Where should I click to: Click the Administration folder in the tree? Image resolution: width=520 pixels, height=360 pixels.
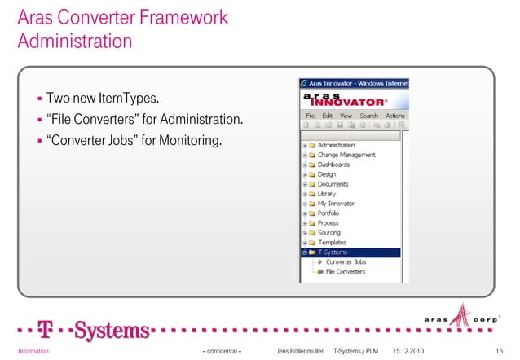[x=336, y=145]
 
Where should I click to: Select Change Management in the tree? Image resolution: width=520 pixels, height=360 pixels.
[x=346, y=155]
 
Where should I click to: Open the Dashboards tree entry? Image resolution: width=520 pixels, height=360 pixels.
[x=333, y=165]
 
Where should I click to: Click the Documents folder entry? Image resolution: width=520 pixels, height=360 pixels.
[x=333, y=184]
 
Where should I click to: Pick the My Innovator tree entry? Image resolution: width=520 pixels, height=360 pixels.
[x=335, y=203]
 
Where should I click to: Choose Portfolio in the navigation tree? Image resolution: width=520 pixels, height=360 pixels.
[x=328, y=213]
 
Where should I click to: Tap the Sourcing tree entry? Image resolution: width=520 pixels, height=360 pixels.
[x=329, y=232]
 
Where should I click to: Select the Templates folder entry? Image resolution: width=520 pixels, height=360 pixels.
[x=332, y=242]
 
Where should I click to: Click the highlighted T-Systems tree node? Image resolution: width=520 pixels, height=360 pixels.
[x=332, y=252]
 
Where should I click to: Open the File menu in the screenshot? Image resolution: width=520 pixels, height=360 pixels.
[x=311, y=116]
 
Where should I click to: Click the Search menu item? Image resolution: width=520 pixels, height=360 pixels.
[x=368, y=116]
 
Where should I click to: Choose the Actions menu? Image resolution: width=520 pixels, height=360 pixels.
[x=394, y=116]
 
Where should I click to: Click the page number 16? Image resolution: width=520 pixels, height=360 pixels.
[x=499, y=351]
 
